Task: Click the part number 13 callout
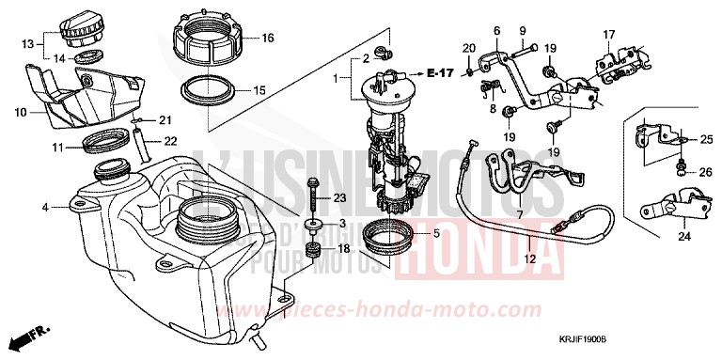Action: coord(27,43)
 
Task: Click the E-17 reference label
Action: coord(440,72)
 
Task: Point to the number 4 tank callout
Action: coord(44,207)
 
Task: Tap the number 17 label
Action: coord(607,35)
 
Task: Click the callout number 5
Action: coord(435,232)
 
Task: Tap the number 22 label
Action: coord(171,142)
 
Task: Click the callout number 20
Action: coord(469,48)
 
